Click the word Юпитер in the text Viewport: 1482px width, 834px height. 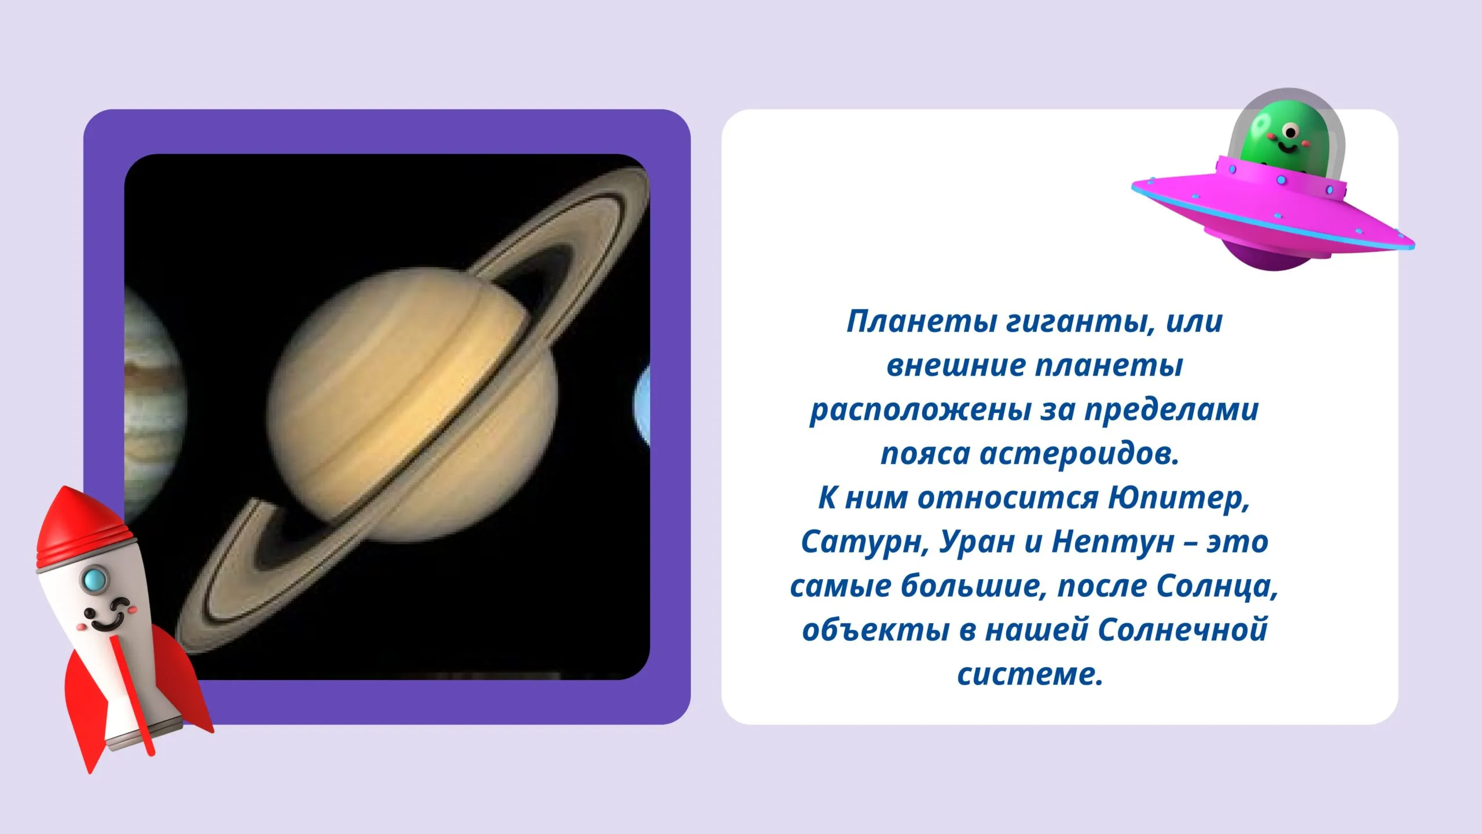[x=1178, y=498]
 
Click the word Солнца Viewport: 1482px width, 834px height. [x=1217, y=586]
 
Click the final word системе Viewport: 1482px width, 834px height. [x=1030, y=675]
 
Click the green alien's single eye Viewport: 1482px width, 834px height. [x=1290, y=133]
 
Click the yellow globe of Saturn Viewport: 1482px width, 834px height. [x=412, y=405]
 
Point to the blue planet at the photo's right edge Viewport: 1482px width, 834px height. [x=642, y=405]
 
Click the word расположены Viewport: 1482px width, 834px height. [x=921, y=410]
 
